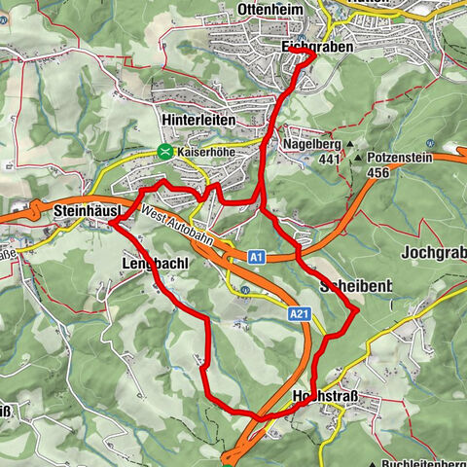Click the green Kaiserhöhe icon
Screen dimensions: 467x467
pos(166,152)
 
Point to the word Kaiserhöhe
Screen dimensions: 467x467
pos(208,153)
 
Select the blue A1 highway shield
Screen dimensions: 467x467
pos(255,257)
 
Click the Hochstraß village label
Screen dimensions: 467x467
pos(326,397)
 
